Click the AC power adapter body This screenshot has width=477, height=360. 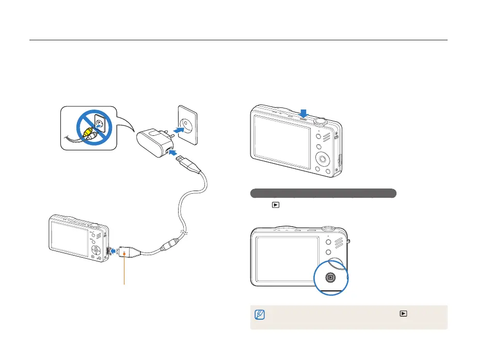pyautogui.click(x=152, y=137)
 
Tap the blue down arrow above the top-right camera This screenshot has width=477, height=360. pyautogui.click(x=304, y=113)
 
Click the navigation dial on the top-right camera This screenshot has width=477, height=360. pyautogui.click(x=323, y=158)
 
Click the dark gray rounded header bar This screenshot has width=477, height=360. pyautogui.click(x=323, y=194)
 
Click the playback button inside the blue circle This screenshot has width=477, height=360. pyautogui.click(x=330, y=277)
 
